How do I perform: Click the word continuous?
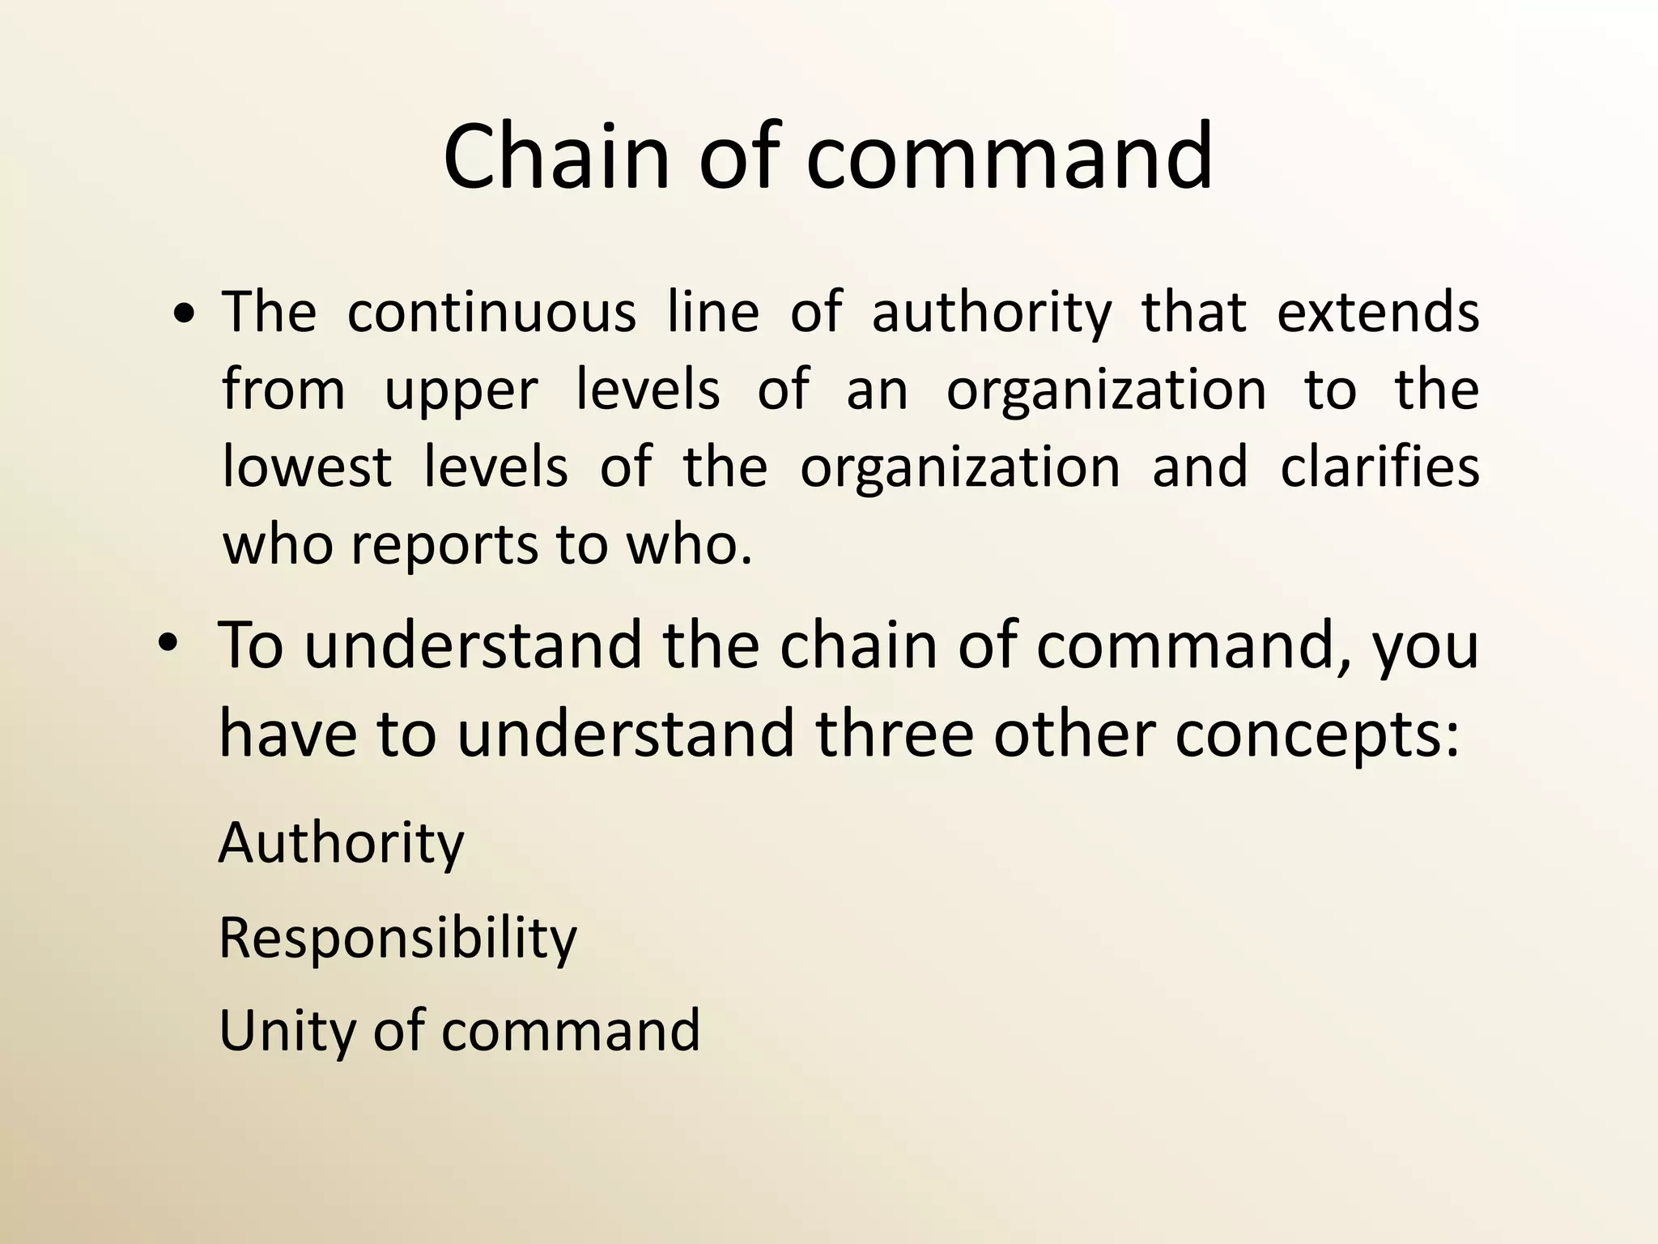(x=491, y=312)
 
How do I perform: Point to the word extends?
(x=1378, y=312)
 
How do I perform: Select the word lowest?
(x=307, y=468)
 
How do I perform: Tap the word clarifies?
(x=1380, y=467)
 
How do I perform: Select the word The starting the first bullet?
(x=269, y=312)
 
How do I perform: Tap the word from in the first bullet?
(x=283, y=390)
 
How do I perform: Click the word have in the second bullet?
(x=287, y=733)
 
